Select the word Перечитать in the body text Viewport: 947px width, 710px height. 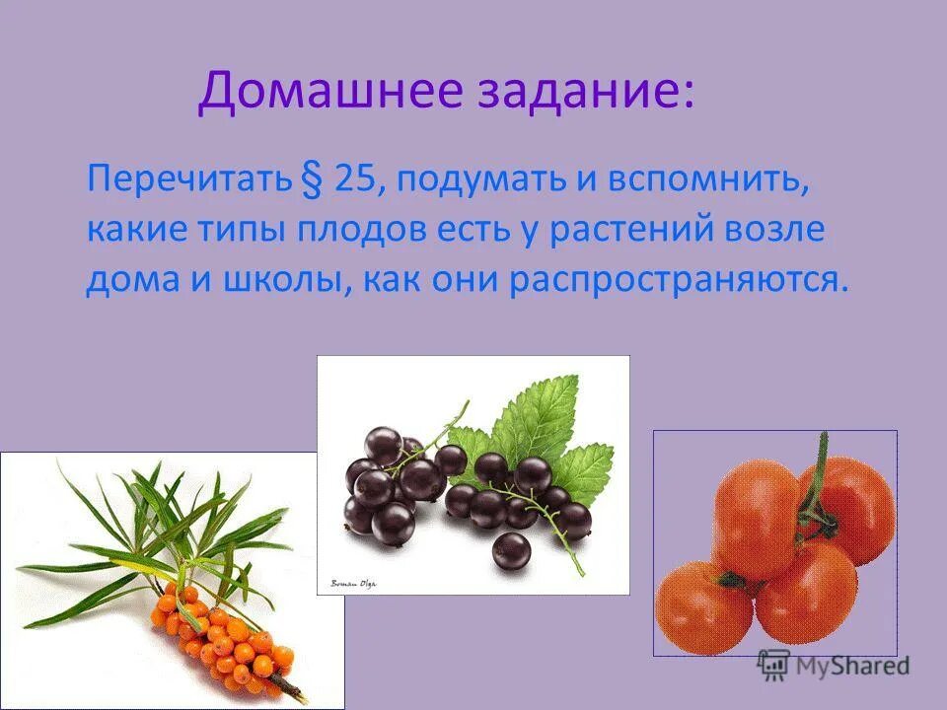(190, 181)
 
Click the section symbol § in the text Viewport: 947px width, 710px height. (315, 182)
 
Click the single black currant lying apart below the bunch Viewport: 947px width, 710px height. (510, 548)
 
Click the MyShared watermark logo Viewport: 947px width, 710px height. (834, 665)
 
